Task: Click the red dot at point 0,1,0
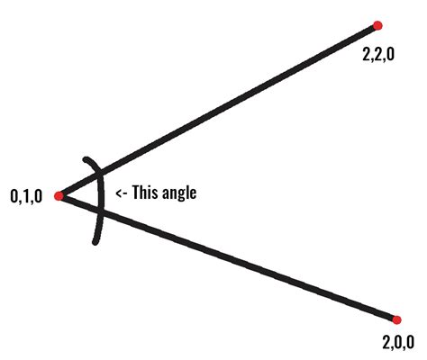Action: (x=59, y=196)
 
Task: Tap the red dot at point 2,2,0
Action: (x=377, y=25)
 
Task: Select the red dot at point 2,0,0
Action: (x=396, y=319)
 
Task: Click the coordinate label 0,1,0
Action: (x=26, y=197)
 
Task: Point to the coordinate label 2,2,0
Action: (x=378, y=55)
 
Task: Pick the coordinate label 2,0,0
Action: (x=398, y=342)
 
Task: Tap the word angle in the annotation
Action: (x=179, y=193)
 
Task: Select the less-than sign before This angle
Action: (x=119, y=193)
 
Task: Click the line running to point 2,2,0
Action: (x=218, y=111)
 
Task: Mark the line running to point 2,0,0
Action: (x=228, y=258)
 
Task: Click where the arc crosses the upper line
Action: (x=101, y=174)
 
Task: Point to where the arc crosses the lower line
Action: (x=101, y=212)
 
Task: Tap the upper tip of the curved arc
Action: (x=86, y=159)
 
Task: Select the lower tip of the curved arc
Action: (x=95, y=242)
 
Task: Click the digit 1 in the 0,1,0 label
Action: (x=26, y=197)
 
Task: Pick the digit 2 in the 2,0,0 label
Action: (x=386, y=342)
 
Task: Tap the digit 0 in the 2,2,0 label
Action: (x=390, y=55)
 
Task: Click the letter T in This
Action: (x=136, y=192)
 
